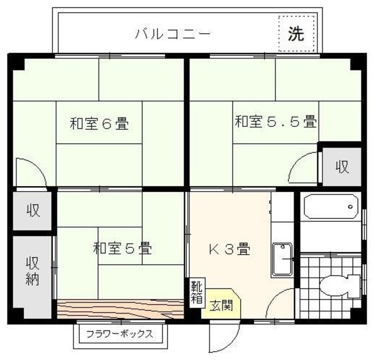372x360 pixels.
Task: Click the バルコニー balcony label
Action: [173, 34]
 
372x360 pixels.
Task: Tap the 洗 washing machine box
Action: [296, 34]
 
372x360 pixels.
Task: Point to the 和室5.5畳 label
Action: [276, 122]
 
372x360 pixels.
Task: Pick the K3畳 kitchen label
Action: [230, 250]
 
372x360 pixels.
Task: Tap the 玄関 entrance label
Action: [221, 305]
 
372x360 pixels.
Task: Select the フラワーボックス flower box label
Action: [120, 334]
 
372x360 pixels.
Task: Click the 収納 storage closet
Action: [31, 271]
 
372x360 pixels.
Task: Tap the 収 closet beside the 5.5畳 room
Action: [341, 167]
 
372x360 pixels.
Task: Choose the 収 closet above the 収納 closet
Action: [33, 210]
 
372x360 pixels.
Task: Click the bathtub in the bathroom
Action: [330, 206]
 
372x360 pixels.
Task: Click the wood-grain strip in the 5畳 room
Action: [119, 308]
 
